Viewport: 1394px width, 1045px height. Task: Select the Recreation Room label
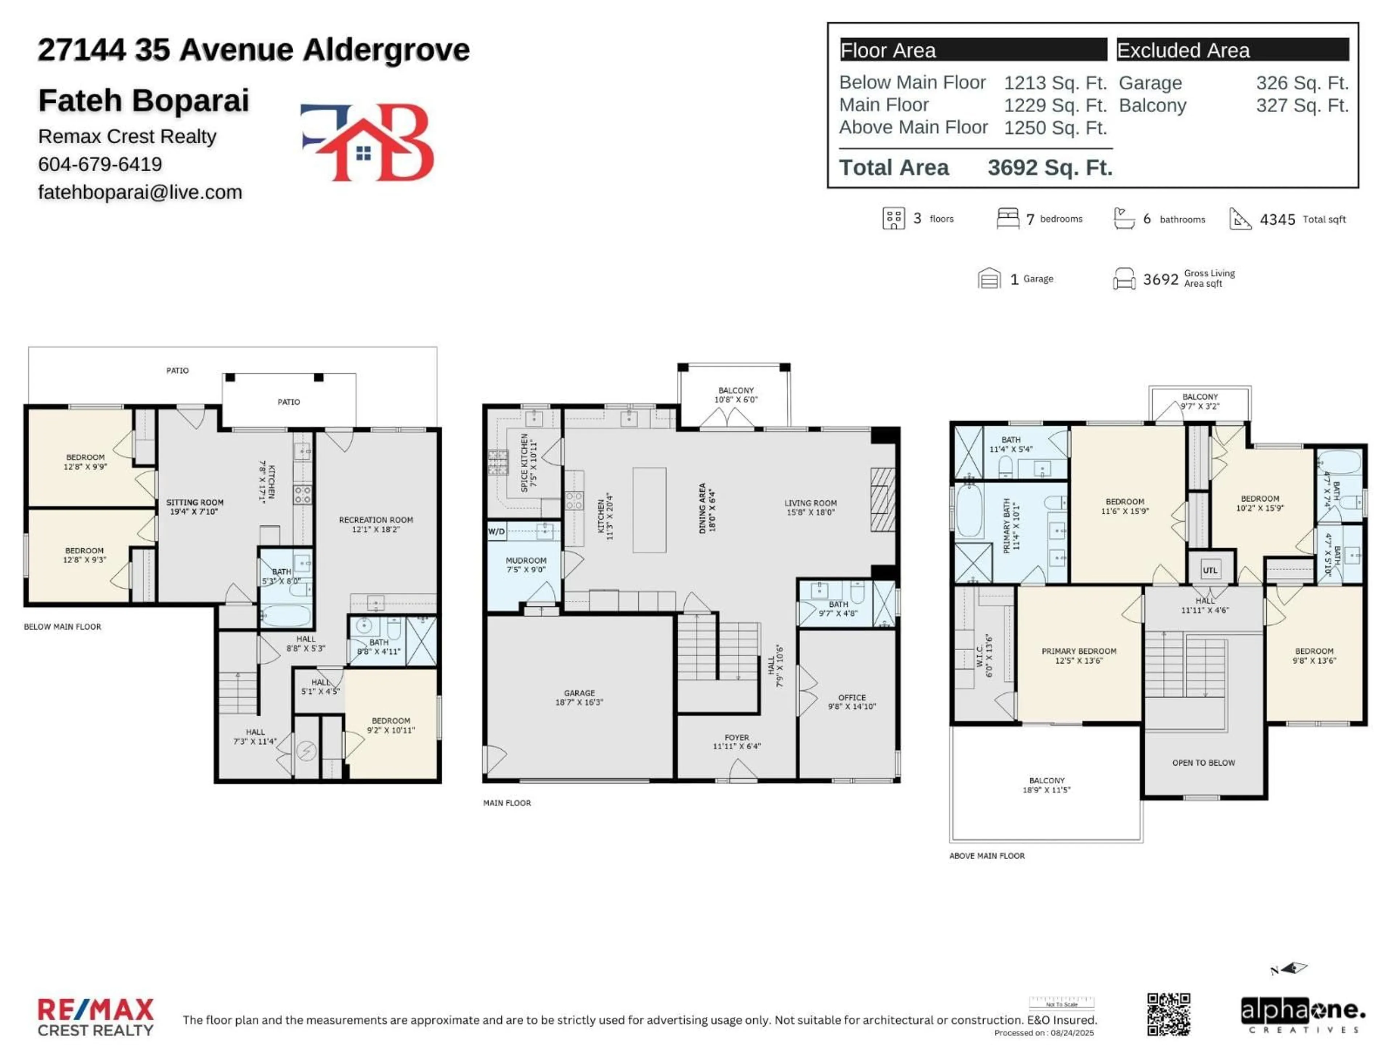click(376, 524)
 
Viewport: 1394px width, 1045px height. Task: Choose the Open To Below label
click(1203, 762)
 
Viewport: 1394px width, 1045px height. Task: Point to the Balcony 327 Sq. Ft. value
click(1302, 105)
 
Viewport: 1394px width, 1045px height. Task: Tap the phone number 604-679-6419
click(100, 164)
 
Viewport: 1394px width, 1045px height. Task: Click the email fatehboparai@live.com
click(140, 192)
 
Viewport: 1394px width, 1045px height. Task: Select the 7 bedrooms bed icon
click(1007, 218)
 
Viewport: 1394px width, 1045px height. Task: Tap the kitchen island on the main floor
click(649, 509)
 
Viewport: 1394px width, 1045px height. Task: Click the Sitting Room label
click(195, 507)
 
